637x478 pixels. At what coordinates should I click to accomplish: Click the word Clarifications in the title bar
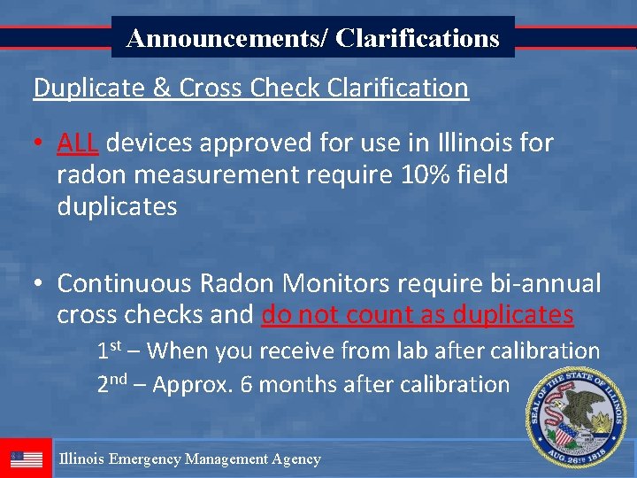point(418,38)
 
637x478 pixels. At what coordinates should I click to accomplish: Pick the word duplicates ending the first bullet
point(117,207)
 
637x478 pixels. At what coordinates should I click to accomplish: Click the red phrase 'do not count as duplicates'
point(418,315)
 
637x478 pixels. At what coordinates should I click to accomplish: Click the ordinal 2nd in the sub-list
point(112,384)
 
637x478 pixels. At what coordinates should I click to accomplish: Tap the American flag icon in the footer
point(27,459)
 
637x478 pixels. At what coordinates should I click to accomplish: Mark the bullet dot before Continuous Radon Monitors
point(40,284)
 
